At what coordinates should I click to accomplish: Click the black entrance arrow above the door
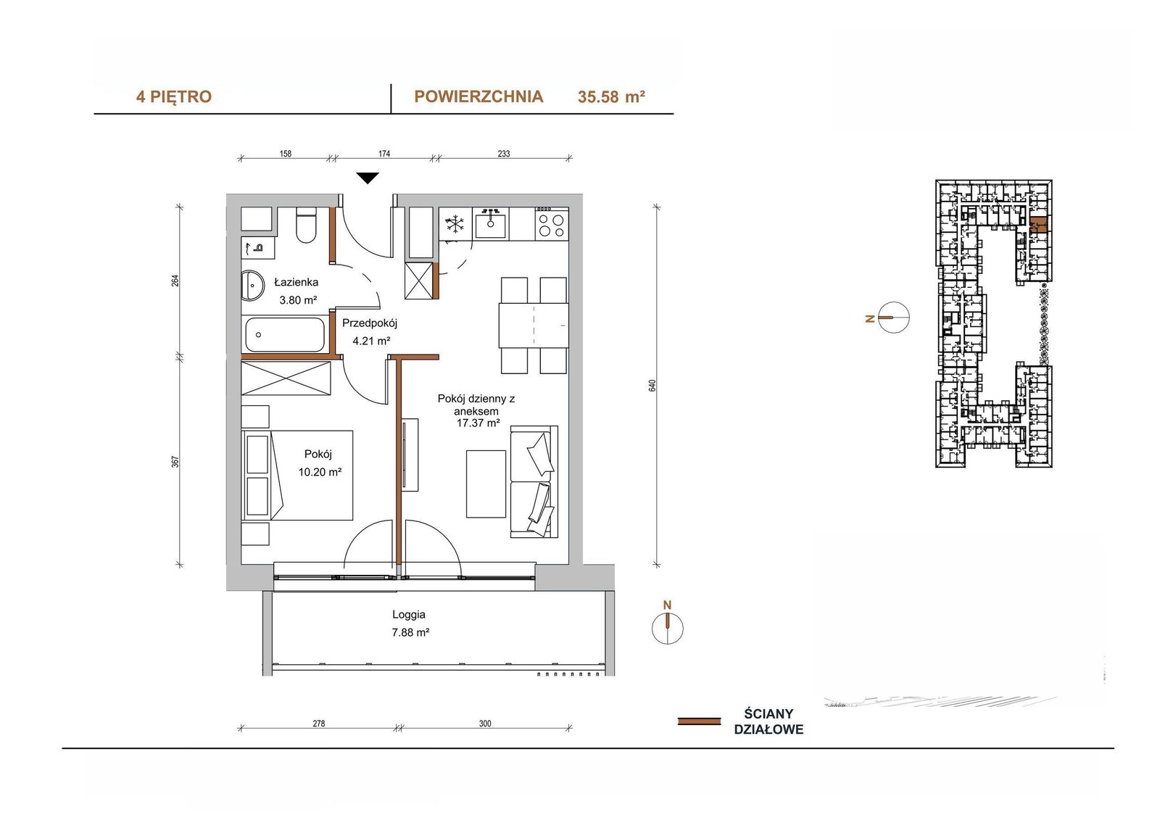point(368,178)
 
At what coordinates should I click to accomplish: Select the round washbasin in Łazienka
point(252,284)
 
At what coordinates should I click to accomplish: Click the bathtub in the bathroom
point(285,335)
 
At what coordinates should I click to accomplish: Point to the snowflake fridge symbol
point(455,224)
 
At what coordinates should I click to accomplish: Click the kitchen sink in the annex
point(490,224)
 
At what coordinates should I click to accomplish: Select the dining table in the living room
point(534,326)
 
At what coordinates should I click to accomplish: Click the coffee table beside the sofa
point(486,484)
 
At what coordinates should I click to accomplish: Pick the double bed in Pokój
point(297,474)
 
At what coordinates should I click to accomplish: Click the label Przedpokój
point(370,323)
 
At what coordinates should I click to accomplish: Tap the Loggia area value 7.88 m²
point(410,632)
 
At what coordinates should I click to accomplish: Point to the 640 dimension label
point(652,386)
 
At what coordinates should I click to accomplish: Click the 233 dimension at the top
point(503,153)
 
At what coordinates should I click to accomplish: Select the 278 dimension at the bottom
point(318,723)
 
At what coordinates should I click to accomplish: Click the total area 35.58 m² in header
point(611,97)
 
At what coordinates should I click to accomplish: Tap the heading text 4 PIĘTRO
point(174,97)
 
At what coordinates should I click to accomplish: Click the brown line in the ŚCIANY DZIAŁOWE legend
point(699,721)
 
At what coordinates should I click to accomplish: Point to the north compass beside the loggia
point(668,627)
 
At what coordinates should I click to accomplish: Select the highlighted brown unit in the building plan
point(1037,226)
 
